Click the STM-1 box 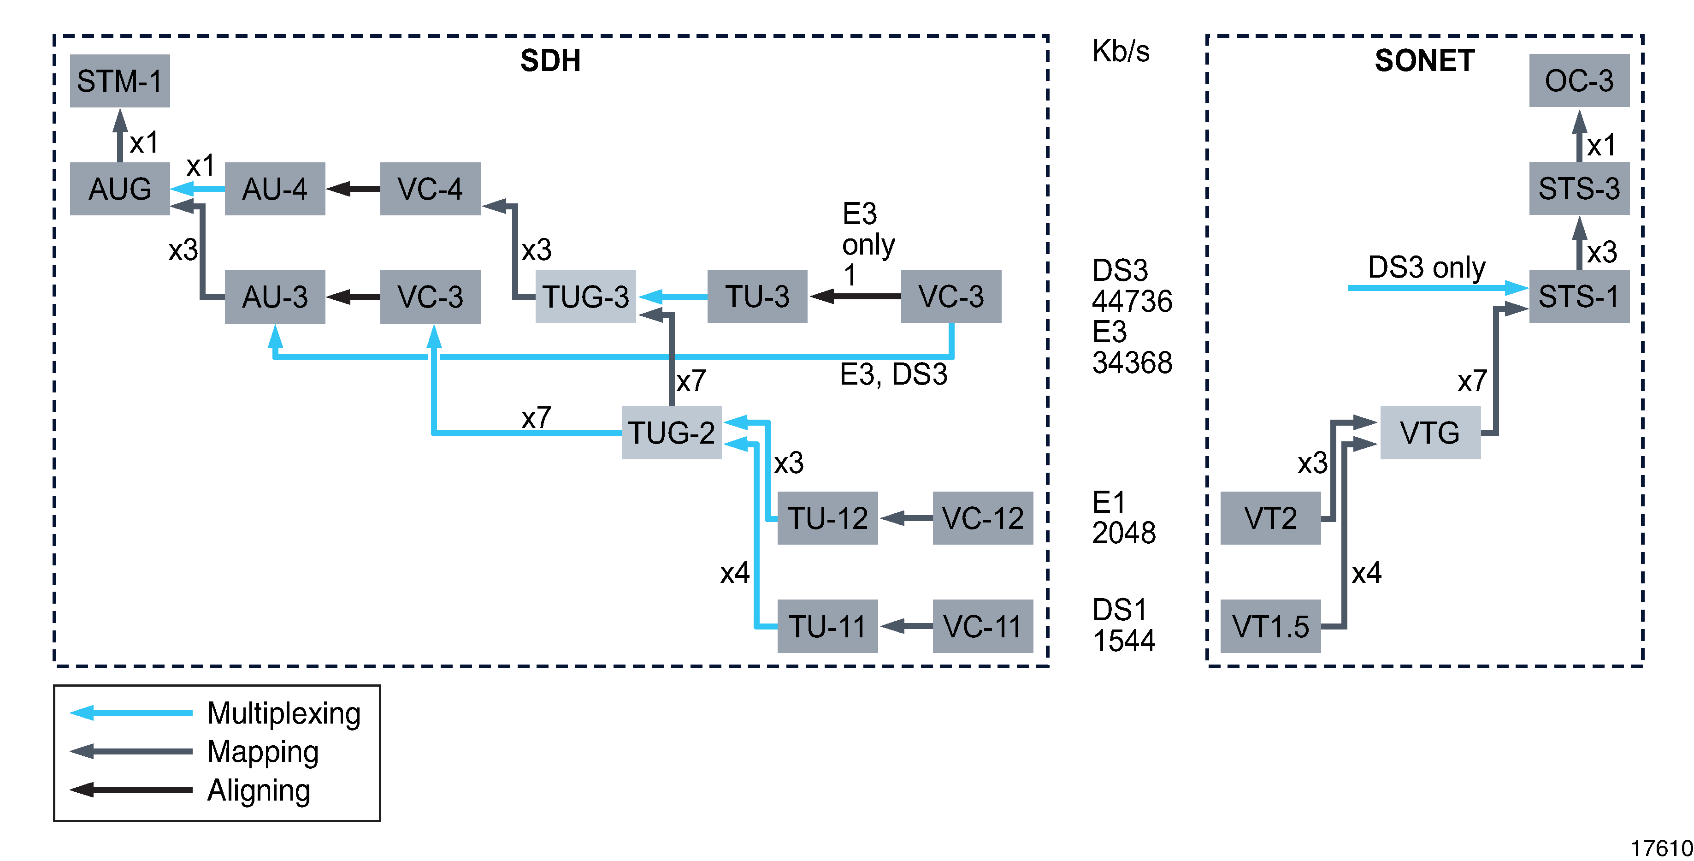pyautogui.click(x=120, y=81)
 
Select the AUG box pyautogui.click(x=120, y=189)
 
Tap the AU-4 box pyautogui.click(x=275, y=189)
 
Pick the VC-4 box pyautogui.click(x=430, y=189)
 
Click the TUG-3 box pyautogui.click(x=585, y=297)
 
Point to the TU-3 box pyautogui.click(x=757, y=297)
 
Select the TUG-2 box pyautogui.click(x=672, y=433)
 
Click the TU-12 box pyautogui.click(x=827, y=518)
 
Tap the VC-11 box pyautogui.click(x=982, y=626)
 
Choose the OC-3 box pyautogui.click(x=1579, y=81)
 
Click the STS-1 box pyautogui.click(x=1579, y=297)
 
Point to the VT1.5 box pyautogui.click(x=1270, y=626)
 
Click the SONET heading pyautogui.click(x=1424, y=61)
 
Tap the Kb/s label pyautogui.click(x=1121, y=51)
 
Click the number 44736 pyautogui.click(x=1132, y=301)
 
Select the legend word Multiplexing pyautogui.click(x=284, y=714)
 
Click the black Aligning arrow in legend pyautogui.click(x=131, y=790)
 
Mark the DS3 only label pyautogui.click(x=1426, y=267)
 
